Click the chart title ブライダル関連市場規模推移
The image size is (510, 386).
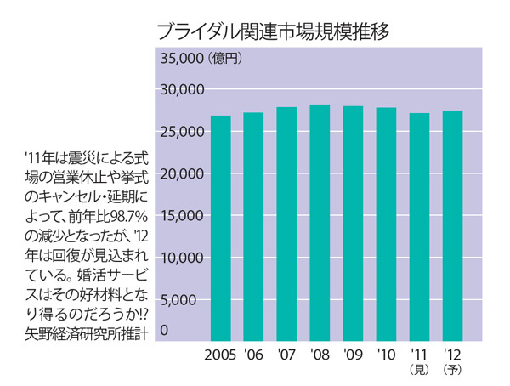click(x=273, y=32)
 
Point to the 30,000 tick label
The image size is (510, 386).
click(x=181, y=89)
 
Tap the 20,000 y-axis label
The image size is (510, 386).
click(x=181, y=173)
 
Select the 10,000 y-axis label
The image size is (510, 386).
click(x=181, y=258)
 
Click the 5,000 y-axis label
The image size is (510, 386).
click(x=184, y=299)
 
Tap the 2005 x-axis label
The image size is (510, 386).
click(x=220, y=354)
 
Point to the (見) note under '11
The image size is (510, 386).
click(x=419, y=370)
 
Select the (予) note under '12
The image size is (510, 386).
click(x=452, y=370)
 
